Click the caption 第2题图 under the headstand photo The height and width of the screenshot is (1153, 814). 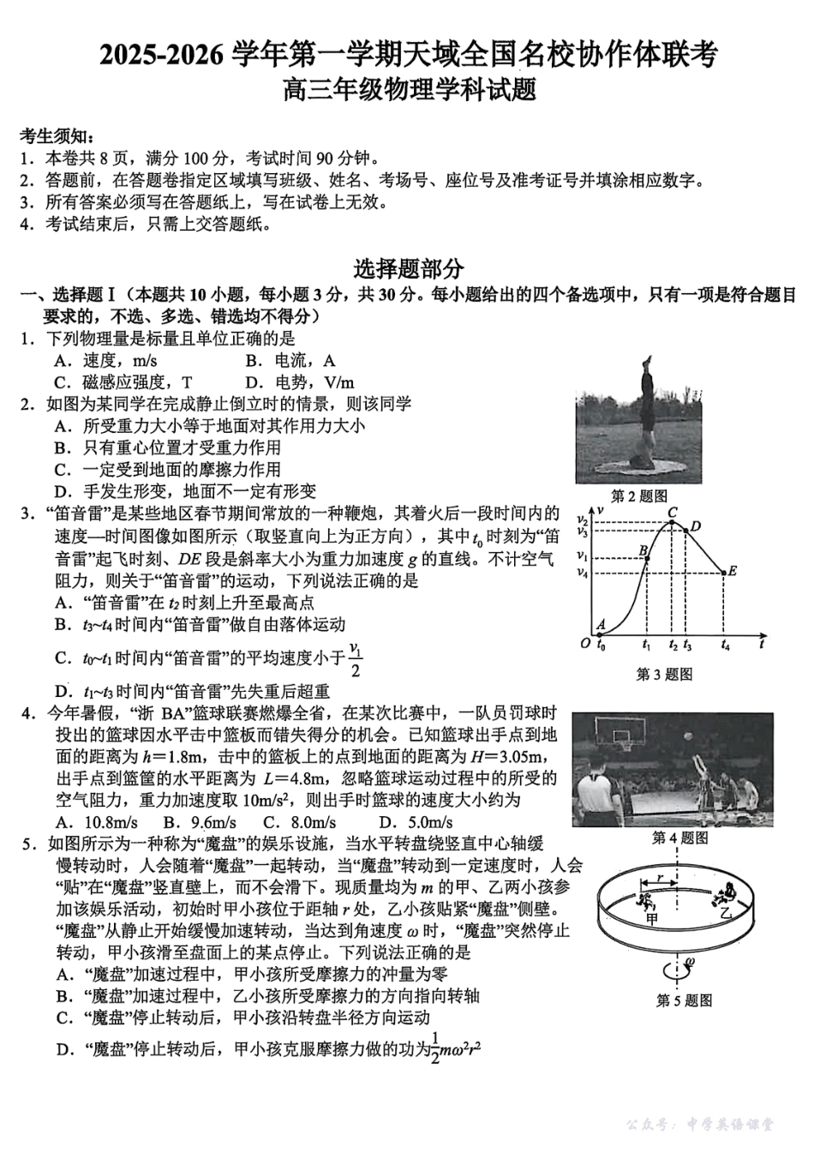(638, 495)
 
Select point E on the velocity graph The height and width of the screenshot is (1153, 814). (727, 572)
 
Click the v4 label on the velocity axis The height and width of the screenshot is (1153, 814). (583, 573)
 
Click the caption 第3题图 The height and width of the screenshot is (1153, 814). (663, 675)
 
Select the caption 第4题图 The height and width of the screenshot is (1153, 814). (679, 838)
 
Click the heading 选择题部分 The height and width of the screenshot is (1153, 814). (408, 269)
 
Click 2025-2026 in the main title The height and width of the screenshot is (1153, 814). (164, 56)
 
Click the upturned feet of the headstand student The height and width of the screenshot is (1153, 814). (645, 364)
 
